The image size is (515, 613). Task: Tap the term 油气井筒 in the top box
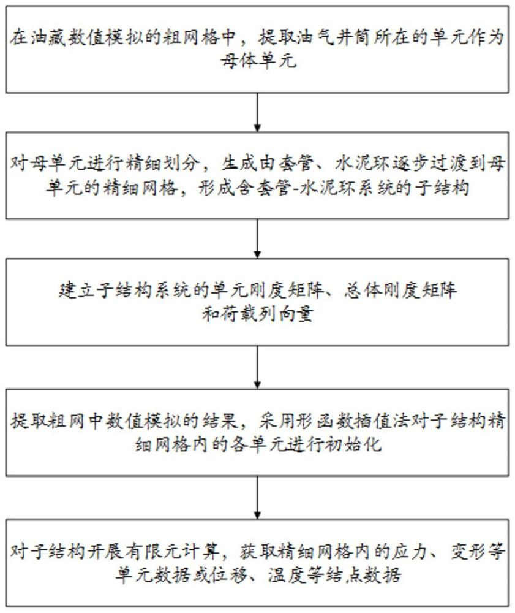click(x=309, y=37)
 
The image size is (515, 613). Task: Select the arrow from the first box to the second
click(x=257, y=114)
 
